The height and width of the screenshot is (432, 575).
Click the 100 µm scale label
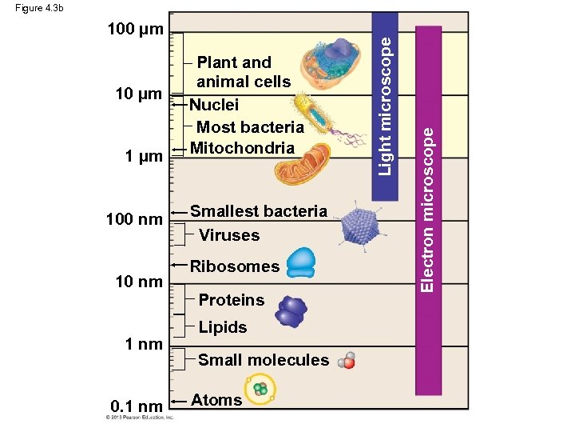coord(135,31)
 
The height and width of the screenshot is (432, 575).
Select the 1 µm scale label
coord(143,155)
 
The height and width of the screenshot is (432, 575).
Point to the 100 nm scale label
coord(135,219)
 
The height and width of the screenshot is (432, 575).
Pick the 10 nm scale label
coord(138,282)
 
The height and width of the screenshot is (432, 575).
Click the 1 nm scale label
coord(144,344)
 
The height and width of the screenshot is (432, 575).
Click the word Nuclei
coord(214,105)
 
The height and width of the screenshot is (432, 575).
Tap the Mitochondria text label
coord(242,148)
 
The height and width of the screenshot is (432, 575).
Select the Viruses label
coord(229,235)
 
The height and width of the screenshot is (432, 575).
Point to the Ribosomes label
coord(235,266)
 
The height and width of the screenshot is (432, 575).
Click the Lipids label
coord(223,327)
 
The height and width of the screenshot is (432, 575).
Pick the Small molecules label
coord(263,360)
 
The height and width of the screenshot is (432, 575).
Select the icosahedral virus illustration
coord(362,226)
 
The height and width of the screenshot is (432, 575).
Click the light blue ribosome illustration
coord(301,262)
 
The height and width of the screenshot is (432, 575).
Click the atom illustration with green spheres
coord(260,390)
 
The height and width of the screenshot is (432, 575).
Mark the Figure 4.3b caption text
coord(39,8)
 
